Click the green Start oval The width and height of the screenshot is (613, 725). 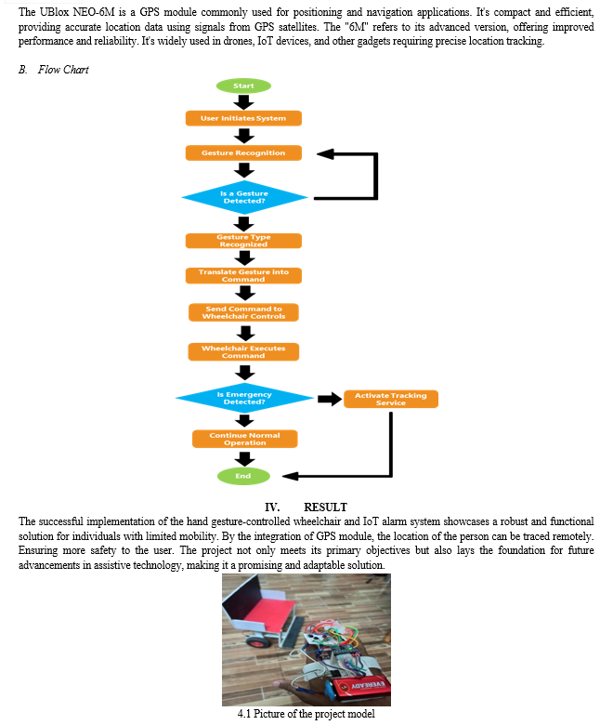point(243,86)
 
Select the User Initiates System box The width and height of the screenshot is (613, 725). point(243,118)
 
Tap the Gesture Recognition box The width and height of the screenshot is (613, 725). point(243,152)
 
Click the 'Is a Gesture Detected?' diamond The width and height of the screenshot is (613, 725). point(244,197)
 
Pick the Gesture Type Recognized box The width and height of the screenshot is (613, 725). point(243,241)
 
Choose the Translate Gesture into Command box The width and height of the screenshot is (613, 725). point(243,275)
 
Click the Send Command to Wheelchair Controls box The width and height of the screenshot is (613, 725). point(243,312)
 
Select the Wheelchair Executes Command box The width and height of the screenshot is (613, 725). point(243,351)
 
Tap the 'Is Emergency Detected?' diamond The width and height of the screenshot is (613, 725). point(244,398)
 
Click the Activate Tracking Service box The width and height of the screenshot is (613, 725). point(391,399)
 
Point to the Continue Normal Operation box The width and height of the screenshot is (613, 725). point(245,439)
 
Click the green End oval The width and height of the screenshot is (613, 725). point(243,476)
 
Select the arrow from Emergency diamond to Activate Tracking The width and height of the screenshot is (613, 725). point(330,399)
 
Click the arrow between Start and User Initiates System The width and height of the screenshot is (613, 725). point(243,101)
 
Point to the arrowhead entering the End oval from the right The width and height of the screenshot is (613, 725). point(290,476)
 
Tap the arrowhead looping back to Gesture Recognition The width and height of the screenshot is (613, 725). point(325,154)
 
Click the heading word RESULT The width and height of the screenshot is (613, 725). point(325,507)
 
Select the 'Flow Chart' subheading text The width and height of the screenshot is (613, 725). point(63,70)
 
